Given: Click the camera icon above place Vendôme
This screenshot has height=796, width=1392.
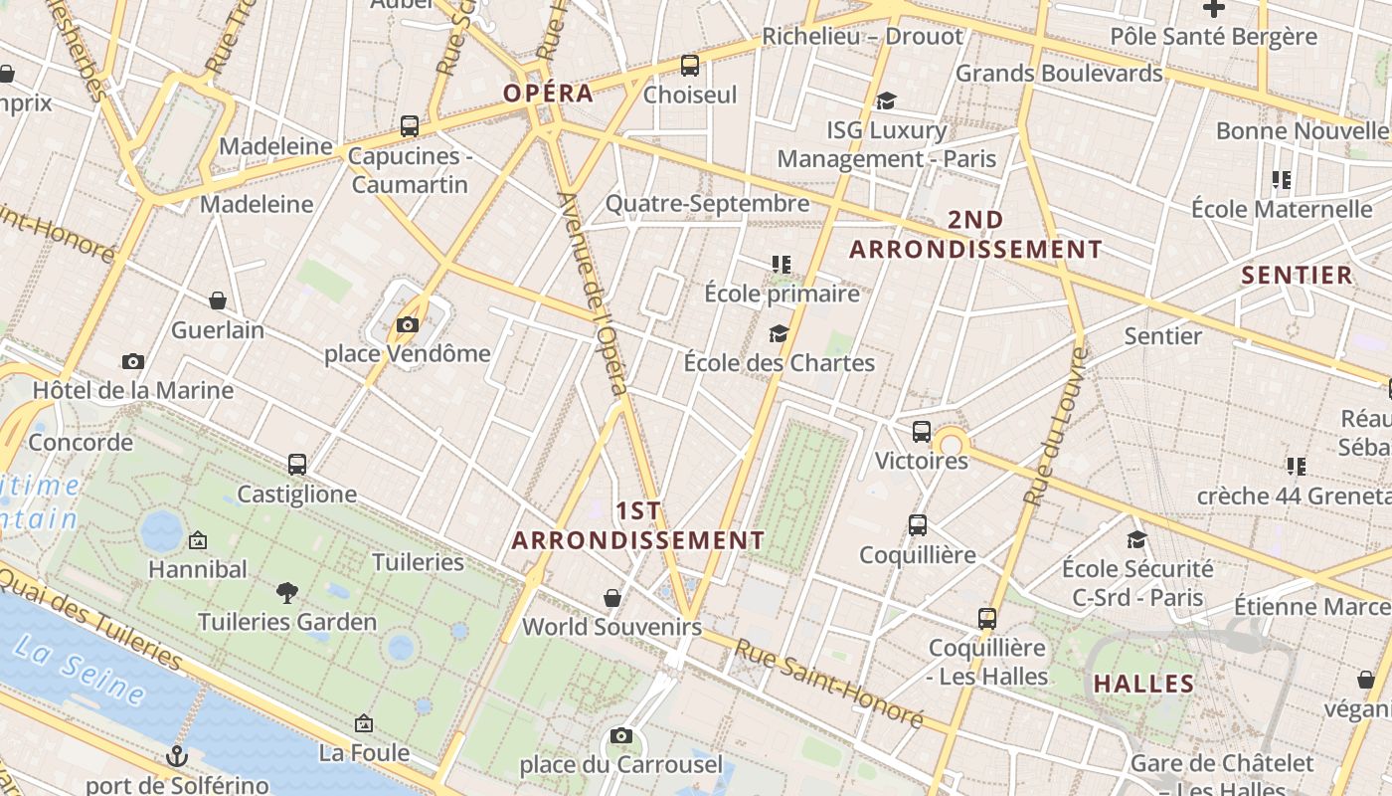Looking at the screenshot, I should (407, 324).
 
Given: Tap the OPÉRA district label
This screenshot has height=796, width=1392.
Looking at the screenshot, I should (548, 94).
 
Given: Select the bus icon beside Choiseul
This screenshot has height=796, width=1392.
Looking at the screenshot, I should (689, 66).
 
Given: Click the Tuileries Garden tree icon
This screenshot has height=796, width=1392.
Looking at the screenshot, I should (287, 593).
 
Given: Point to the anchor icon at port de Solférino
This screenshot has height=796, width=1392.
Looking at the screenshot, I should (177, 756).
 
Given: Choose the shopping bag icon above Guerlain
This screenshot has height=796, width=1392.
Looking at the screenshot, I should (218, 300).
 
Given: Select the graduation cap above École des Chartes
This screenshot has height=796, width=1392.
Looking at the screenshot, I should (779, 333).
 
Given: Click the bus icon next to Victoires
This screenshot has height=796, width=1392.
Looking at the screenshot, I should (922, 432).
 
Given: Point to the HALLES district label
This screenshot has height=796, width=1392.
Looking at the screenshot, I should (1143, 684).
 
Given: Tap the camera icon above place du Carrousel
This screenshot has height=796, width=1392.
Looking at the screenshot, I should (621, 735).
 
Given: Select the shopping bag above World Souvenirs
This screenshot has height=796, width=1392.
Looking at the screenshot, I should (612, 598).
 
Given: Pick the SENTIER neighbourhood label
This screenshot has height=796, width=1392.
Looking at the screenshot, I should (1298, 276).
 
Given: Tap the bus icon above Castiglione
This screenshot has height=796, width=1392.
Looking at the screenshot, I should (296, 465).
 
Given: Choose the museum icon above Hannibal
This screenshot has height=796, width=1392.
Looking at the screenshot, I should (198, 540).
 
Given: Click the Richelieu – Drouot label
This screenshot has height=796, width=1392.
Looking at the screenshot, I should (862, 37).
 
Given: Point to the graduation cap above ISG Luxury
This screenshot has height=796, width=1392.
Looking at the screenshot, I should (886, 100).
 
